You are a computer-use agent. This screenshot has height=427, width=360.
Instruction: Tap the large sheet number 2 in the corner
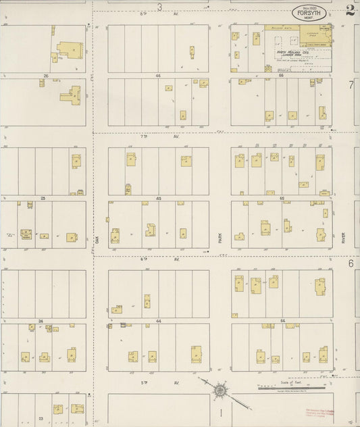[x=349, y=9]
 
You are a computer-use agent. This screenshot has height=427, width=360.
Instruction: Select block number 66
[x=281, y=76]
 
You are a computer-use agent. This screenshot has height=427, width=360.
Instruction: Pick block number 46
[x=158, y=76]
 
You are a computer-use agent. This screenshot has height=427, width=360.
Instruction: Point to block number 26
[x=45, y=76]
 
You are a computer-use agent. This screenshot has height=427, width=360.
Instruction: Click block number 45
[x=159, y=198]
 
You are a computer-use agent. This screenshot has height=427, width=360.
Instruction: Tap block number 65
[x=282, y=198]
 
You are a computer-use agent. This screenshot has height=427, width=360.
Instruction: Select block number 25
[x=43, y=198]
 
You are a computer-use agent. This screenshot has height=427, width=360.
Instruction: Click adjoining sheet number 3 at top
[x=160, y=7]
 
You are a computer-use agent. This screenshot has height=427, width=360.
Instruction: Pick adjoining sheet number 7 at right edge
[x=351, y=85]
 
